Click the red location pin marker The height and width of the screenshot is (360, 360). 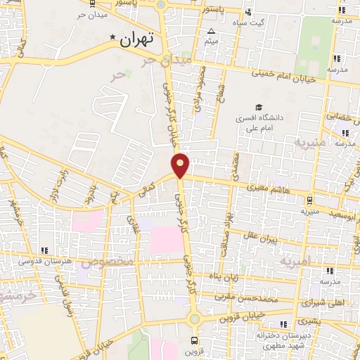click(x=181, y=165)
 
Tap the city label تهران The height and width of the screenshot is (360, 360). click(x=136, y=40)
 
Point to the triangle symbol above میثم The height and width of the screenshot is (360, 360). click(x=212, y=31)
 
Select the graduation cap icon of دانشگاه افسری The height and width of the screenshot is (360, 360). click(x=259, y=108)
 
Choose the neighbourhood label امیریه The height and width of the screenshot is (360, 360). click(x=295, y=262)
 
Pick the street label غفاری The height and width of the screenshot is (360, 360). click(x=134, y=224)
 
